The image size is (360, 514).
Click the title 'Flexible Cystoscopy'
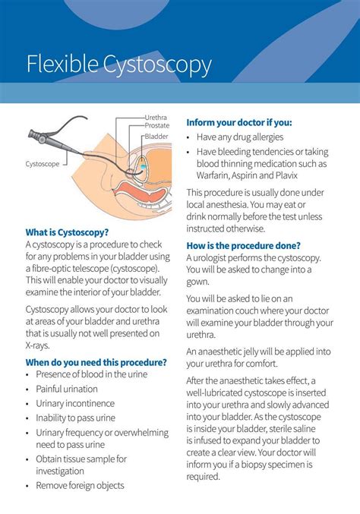[118, 65]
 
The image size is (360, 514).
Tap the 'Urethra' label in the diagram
[156, 118]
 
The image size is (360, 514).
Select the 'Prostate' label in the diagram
[157, 125]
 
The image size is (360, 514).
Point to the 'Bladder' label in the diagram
[156, 136]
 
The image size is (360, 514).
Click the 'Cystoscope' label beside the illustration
[43, 163]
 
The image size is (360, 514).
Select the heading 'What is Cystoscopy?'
[67, 232]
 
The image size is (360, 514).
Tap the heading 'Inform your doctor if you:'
[239, 122]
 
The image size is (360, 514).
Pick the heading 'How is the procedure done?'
[243, 245]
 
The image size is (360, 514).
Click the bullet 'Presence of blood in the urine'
[92, 374]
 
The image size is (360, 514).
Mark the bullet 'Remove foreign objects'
[80, 485]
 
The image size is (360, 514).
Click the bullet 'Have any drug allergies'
[240, 137]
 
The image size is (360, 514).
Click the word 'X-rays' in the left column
[38, 345]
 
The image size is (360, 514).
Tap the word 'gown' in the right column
[199, 282]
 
